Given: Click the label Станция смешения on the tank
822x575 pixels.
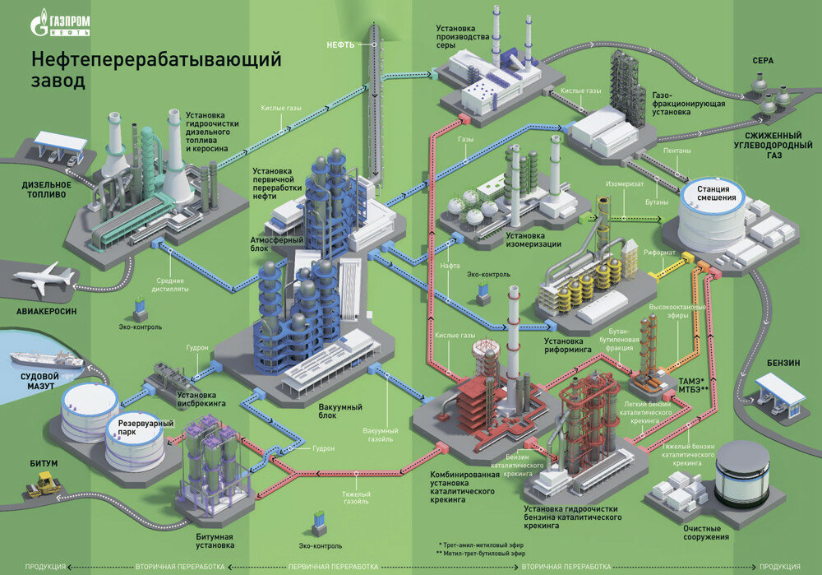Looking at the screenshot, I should point(712,192).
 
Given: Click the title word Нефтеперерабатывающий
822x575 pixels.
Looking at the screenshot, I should point(156,61).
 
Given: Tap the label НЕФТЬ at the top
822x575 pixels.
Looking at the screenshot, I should point(339,44).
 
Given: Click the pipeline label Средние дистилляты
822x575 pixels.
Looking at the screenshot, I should point(173,285).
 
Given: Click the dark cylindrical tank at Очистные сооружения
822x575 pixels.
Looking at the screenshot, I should point(741,474).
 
